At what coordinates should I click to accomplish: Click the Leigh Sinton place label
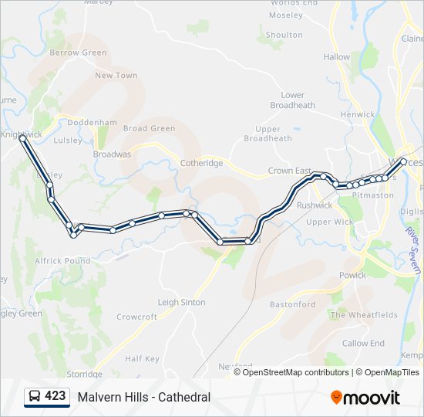coord(181,302)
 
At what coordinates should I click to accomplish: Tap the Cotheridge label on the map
coord(201,163)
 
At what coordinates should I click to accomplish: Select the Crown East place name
coord(289,171)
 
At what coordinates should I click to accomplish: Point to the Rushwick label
coord(314,205)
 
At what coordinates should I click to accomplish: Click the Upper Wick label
coord(329,222)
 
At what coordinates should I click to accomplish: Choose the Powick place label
coord(352,275)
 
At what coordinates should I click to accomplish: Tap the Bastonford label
coord(292,304)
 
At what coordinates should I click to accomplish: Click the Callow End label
coord(363,343)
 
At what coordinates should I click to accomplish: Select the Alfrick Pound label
coord(62,261)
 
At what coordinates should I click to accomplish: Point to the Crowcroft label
coord(136,317)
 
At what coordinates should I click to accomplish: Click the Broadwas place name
coord(112,154)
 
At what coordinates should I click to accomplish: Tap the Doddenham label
coord(92,123)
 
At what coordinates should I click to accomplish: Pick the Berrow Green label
coord(78,53)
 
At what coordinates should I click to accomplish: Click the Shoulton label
coord(284,35)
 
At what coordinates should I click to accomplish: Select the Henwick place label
coord(357,114)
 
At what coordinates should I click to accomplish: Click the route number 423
coord(55,396)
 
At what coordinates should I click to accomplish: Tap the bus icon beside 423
coord(35,397)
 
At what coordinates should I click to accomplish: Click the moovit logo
coord(365,398)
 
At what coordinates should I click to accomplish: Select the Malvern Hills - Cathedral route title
coord(143,397)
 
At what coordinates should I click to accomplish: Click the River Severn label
coord(413,249)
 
